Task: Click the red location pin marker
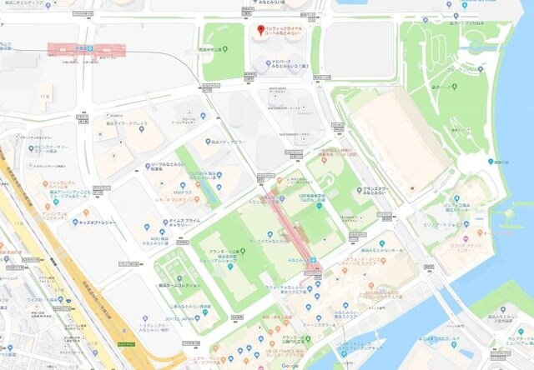(259, 32)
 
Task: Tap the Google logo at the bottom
(290, 365)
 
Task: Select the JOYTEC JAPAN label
(180, 317)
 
